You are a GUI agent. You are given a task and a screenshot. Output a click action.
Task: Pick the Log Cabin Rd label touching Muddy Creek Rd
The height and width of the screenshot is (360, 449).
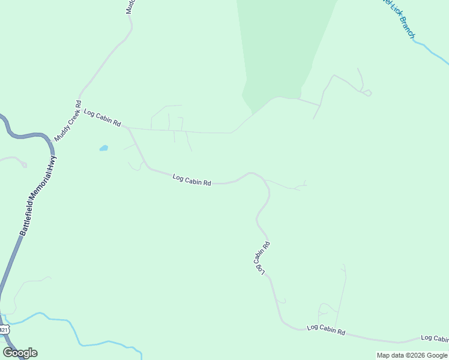tap(103, 118)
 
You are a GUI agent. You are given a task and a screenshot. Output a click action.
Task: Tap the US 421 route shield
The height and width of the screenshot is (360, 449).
tap(4, 329)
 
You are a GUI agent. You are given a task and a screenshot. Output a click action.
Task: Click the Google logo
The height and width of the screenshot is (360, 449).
tap(20, 353)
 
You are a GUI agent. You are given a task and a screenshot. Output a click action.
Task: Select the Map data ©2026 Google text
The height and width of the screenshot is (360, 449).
tap(412, 355)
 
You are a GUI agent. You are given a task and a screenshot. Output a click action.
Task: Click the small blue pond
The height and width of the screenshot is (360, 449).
tap(104, 148)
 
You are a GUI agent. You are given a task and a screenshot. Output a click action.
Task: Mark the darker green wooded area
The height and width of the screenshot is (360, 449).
tap(282, 48)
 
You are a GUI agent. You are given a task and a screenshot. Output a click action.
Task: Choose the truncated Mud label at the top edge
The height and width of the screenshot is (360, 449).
tap(130, 6)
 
